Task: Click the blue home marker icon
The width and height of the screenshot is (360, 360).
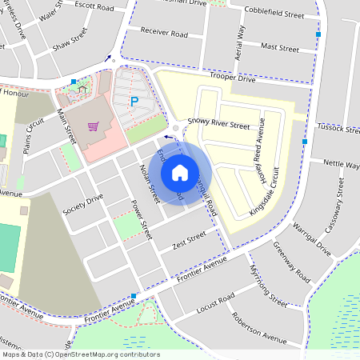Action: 180,172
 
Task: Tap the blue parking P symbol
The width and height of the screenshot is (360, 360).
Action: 134,102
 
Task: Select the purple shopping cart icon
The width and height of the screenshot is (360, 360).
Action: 94,126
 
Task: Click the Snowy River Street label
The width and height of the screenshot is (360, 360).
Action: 218,124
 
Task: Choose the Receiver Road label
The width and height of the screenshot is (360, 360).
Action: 163,34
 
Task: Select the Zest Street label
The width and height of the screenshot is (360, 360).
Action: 189,240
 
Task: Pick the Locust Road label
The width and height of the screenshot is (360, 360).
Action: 216,302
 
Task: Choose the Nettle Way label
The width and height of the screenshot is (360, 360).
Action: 341,165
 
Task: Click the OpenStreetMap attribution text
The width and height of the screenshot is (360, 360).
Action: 80,354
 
